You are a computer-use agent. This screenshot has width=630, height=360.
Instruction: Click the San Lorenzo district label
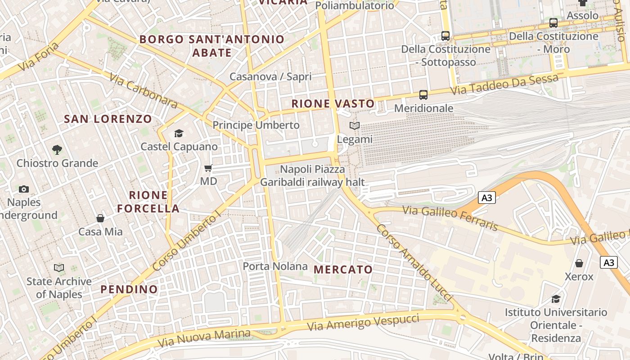click(108, 119)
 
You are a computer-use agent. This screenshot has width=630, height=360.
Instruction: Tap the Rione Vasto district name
click(333, 104)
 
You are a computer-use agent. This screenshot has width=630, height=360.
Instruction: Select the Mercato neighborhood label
click(343, 270)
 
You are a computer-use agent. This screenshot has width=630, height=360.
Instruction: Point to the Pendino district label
click(129, 289)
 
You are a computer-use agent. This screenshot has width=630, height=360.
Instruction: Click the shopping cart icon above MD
click(208, 168)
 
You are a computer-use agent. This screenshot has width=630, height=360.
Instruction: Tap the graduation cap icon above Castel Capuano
click(179, 133)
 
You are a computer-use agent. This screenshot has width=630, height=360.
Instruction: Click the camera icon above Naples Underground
click(24, 189)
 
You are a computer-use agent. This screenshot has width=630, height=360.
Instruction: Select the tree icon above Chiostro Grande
click(57, 150)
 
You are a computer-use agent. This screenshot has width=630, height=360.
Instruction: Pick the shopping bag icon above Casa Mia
click(100, 218)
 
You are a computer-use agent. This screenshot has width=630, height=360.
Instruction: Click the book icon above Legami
click(355, 126)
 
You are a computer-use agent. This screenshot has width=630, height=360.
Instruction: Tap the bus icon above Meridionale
click(423, 95)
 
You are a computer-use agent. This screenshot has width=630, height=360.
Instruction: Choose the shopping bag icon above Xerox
click(579, 263)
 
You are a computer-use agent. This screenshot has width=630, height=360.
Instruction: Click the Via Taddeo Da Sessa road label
click(504, 84)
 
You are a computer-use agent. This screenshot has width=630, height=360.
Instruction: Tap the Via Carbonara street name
click(143, 90)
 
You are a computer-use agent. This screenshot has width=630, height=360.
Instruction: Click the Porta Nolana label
click(275, 266)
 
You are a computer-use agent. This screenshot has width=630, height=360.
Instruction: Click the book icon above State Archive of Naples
click(59, 268)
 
